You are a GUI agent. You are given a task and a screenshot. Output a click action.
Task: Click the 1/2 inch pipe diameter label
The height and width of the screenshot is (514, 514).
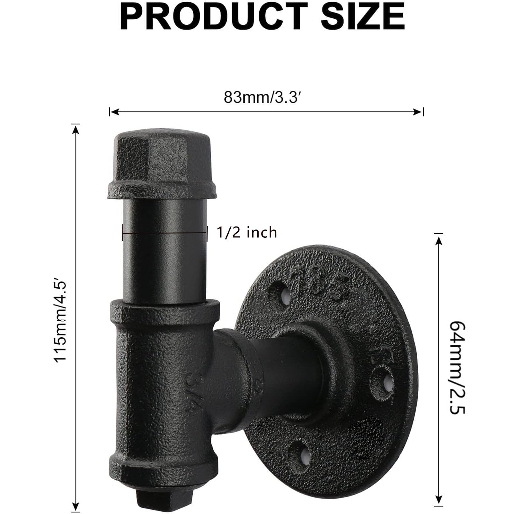(x=247, y=232)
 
